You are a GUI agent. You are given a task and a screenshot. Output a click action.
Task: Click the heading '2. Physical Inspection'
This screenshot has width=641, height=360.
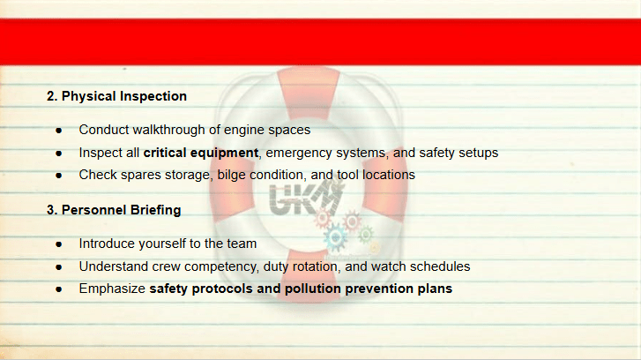point(116,96)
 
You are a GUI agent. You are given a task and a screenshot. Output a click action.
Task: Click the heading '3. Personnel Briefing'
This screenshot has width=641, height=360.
point(114,210)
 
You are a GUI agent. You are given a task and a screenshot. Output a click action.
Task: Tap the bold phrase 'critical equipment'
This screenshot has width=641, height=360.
point(201,153)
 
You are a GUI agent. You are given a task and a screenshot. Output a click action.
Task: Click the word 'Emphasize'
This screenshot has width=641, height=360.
point(112,289)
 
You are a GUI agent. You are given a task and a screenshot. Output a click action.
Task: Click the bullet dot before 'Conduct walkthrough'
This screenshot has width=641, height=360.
point(59,131)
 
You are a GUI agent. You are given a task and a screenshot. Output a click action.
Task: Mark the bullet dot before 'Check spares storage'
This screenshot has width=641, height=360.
point(59,176)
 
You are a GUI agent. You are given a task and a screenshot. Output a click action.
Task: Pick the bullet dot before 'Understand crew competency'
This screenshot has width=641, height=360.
point(59,267)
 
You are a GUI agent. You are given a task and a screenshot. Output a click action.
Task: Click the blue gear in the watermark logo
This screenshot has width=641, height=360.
point(336,236)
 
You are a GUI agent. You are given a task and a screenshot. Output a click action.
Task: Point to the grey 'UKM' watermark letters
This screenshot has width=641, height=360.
point(305,198)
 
